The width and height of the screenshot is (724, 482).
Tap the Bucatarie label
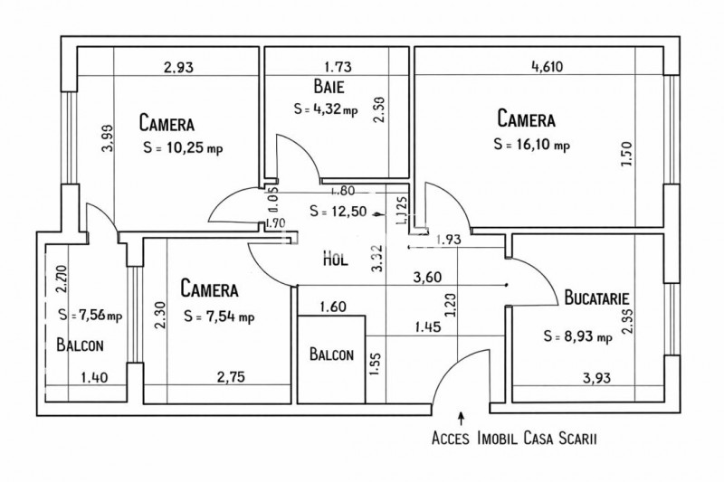(x=596, y=297)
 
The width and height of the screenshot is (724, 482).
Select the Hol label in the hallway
(x=336, y=259)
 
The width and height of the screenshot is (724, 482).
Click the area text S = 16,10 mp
(x=532, y=144)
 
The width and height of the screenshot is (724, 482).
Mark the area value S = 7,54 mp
(x=218, y=317)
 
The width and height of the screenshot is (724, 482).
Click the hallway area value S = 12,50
(x=337, y=212)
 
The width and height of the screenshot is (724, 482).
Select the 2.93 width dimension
(x=178, y=66)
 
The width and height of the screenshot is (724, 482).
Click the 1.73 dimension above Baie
(x=338, y=66)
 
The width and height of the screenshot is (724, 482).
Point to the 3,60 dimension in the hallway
(x=426, y=278)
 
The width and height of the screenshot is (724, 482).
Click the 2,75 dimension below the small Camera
(x=232, y=377)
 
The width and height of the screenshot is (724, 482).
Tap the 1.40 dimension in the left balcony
(x=94, y=377)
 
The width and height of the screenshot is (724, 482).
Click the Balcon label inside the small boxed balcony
(x=330, y=355)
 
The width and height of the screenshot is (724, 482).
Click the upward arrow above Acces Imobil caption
(x=462, y=419)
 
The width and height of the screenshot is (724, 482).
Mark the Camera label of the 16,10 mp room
(x=526, y=118)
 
